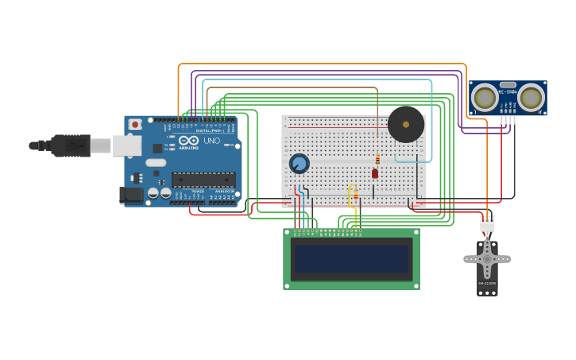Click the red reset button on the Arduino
click(136, 124)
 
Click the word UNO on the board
click(211, 141)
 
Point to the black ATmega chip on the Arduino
click(203, 180)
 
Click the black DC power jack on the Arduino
click(131, 195)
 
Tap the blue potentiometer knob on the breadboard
click(299, 164)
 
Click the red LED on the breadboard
click(375, 173)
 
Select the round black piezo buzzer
click(406, 125)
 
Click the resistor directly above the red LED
click(377, 160)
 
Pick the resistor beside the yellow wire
click(356, 193)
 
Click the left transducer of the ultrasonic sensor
click(484, 97)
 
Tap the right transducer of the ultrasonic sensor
click(532, 97)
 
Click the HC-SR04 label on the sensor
click(507, 92)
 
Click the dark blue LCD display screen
click(351, 258)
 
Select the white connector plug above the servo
click(487, 225)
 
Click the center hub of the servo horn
click(487, 258)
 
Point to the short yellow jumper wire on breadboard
click(350, 195)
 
